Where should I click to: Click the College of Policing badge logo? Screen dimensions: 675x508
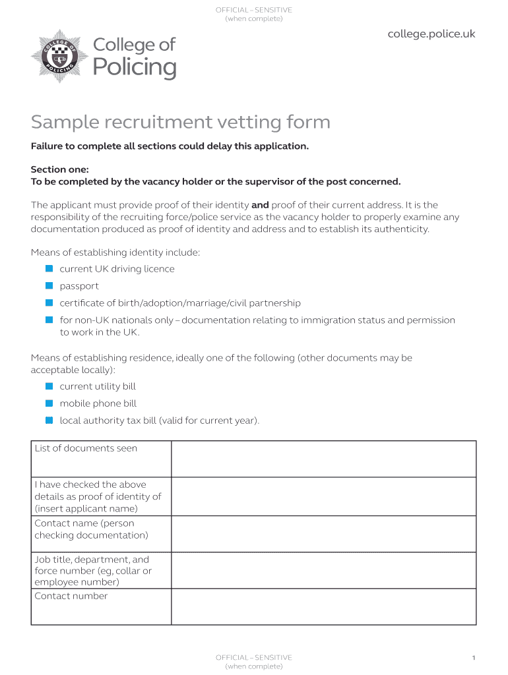55,55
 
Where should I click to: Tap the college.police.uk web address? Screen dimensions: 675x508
431,34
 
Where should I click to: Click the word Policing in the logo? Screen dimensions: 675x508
135,67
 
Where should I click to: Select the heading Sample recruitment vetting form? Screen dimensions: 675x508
180,122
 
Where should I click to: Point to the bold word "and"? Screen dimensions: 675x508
260,205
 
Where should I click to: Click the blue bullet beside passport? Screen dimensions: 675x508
49,286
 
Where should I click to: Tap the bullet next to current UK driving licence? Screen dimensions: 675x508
49,269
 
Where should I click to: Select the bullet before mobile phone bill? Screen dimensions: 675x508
49,403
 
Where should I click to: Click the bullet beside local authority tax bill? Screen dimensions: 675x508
49,421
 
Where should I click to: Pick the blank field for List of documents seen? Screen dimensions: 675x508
323,459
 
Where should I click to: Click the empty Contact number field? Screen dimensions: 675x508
323,606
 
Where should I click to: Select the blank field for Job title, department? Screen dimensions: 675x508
323,570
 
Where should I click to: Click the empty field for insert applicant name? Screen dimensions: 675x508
323,496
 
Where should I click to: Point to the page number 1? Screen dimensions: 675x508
474,658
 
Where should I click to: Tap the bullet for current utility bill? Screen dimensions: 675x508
49,386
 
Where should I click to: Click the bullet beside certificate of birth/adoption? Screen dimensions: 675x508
49,303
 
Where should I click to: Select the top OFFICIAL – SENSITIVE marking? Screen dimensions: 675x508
254,10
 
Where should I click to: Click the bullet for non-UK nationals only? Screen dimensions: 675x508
49,320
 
